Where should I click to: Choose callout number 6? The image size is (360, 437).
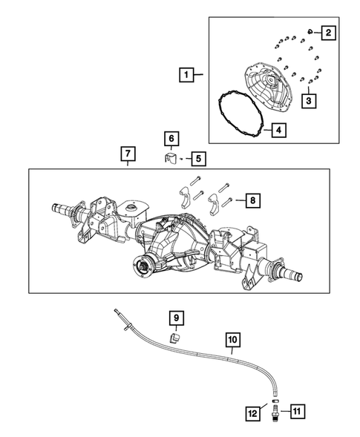[171, 139]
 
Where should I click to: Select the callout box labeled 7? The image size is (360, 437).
[128, 154]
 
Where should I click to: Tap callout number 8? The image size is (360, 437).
[252, 200]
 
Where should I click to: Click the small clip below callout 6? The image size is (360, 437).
[170, 157]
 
